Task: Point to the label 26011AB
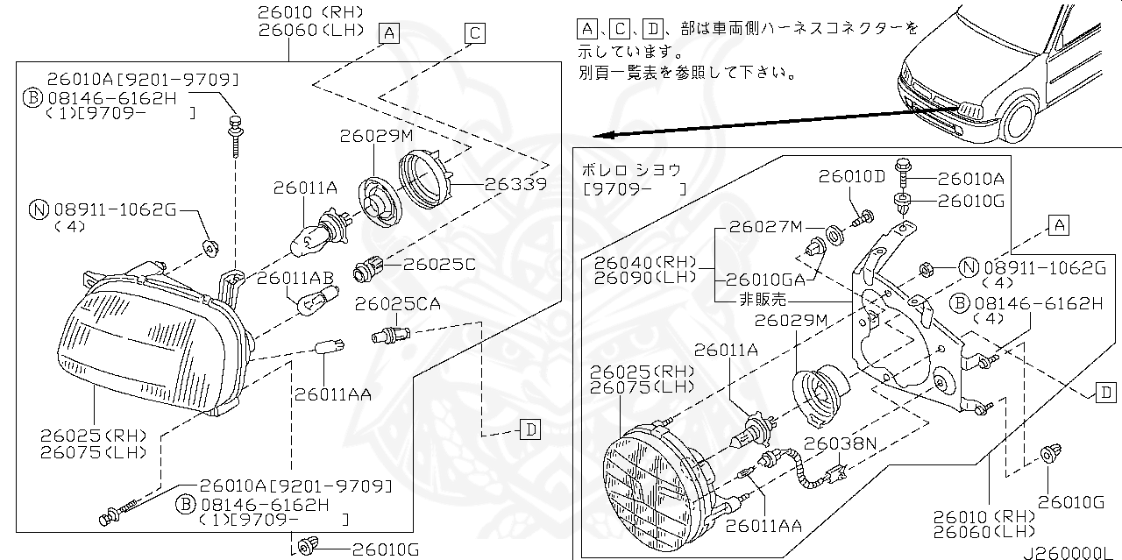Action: (x=295, y=278)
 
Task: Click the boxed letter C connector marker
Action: (x=474, y=33)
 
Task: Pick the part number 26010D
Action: (x=852, y=176)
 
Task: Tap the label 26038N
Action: (x=841, y=443)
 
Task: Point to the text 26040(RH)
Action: (x=643, y=262)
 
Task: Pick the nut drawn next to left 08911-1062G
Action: (x=209, y=246)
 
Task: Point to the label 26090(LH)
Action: (x=643, y=277)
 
